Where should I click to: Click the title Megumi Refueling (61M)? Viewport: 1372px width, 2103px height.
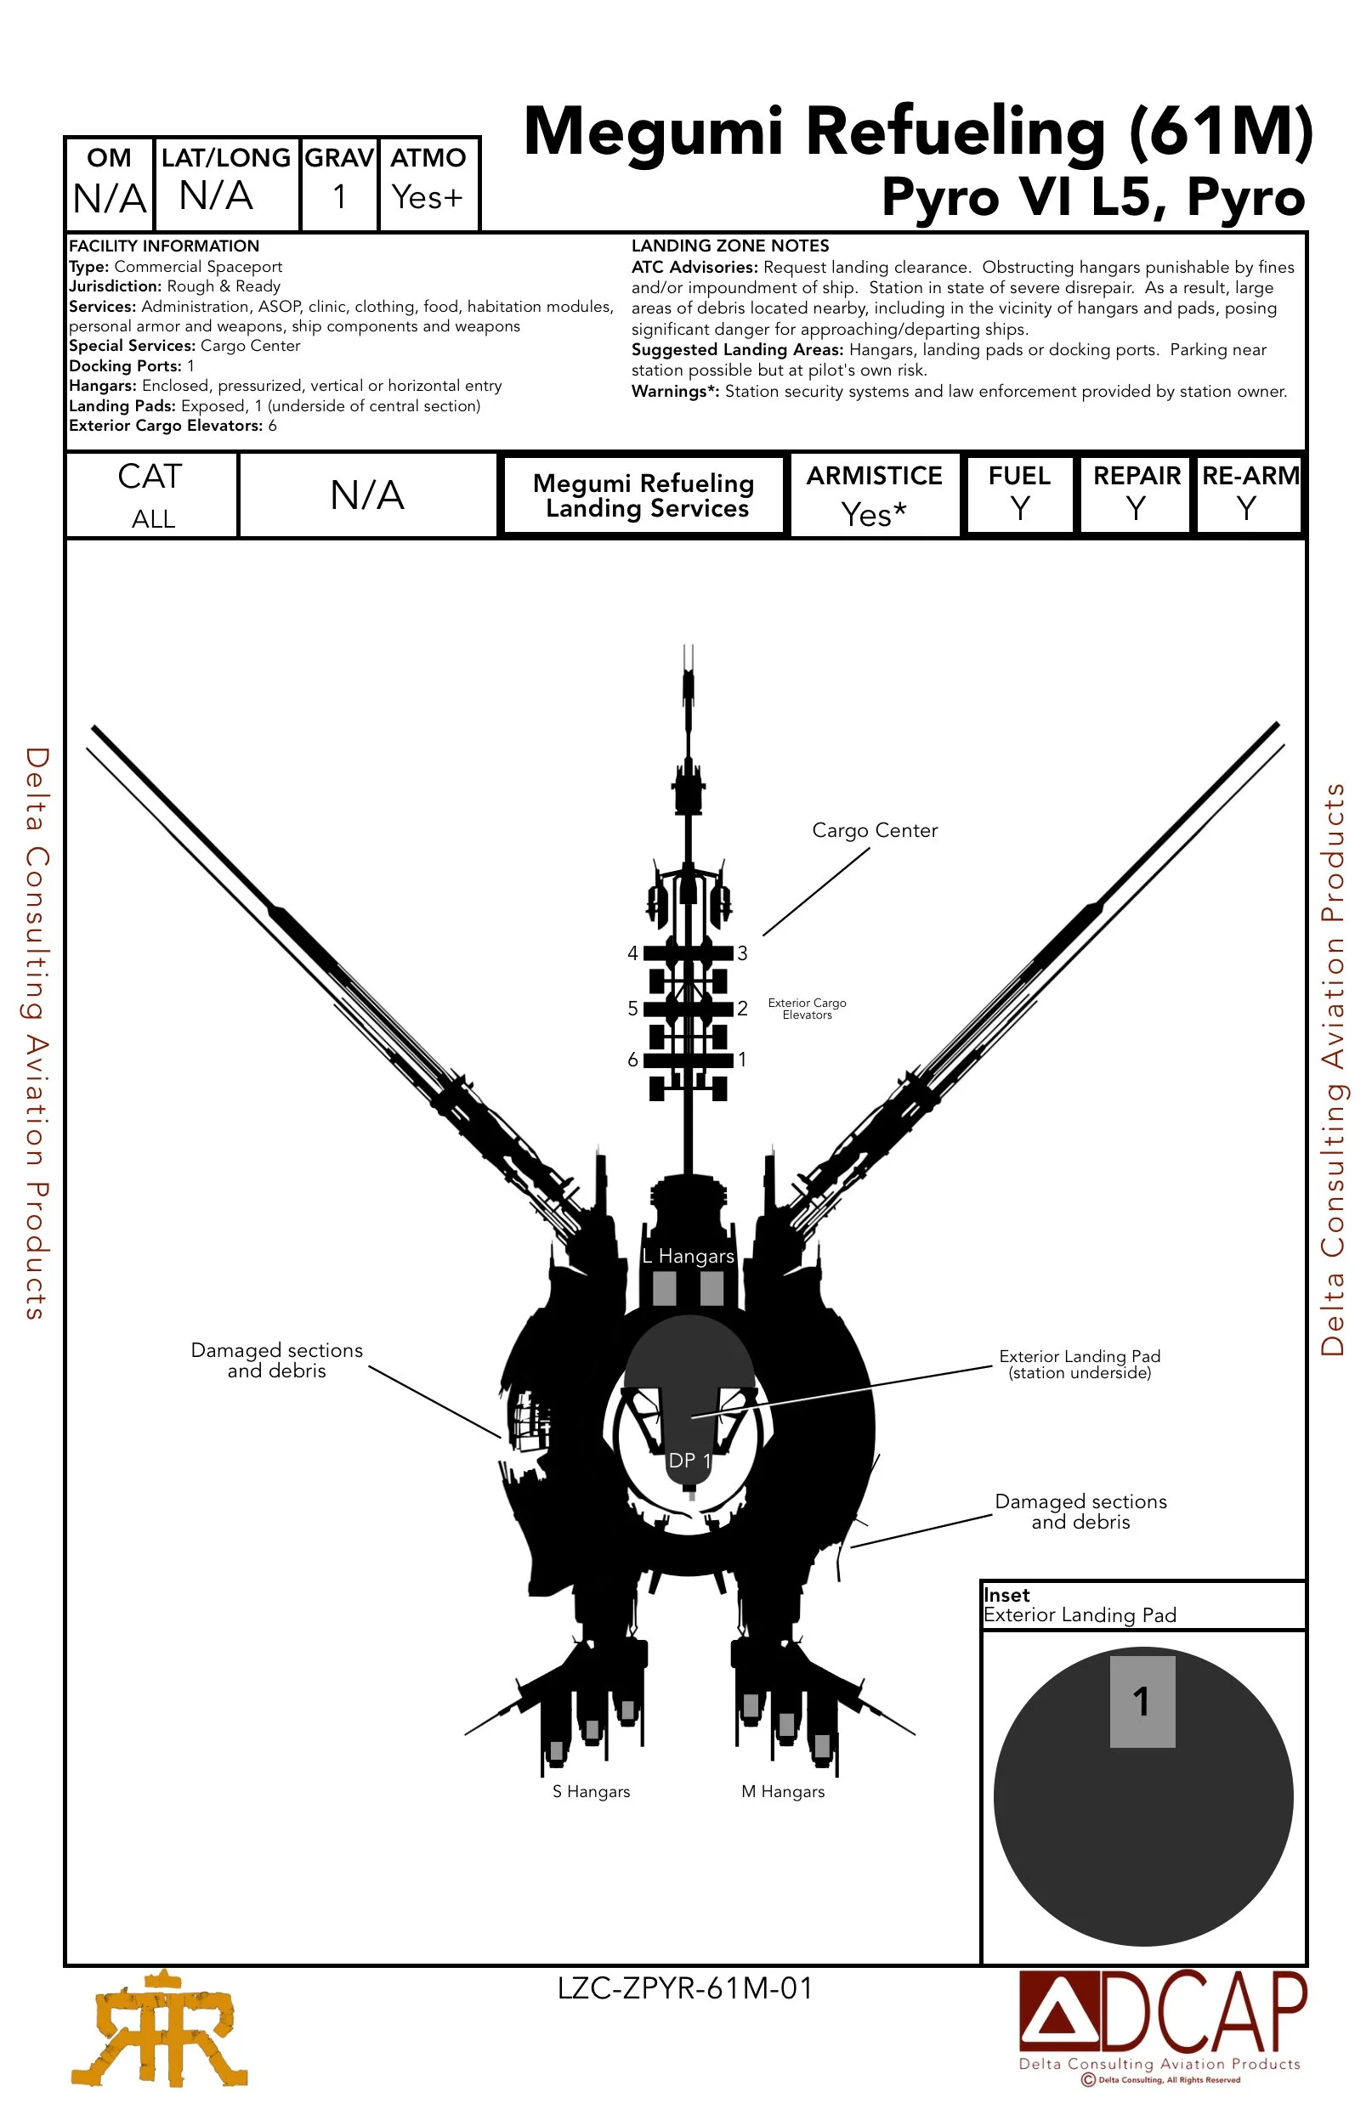(x=917, y=133)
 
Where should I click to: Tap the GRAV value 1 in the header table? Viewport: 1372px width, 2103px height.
(x=338, y=196)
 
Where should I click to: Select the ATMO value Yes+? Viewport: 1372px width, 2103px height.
(x=427, y=196)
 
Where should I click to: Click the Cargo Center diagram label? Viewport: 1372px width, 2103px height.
(x=875, y=831)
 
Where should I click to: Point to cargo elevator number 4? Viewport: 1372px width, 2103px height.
(x=633, y=953)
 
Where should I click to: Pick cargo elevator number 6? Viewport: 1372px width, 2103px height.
(x=633, y=1060)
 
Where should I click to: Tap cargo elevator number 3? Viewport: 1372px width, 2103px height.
(x=743, y=953)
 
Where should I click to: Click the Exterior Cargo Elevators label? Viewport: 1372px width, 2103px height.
(x=807, y=1009)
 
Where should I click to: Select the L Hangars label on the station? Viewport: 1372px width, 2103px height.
(x=689, y=1257)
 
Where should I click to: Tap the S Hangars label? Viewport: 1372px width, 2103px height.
(x=592, y=1791)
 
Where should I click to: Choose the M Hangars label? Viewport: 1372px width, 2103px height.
(x=783, y=1791)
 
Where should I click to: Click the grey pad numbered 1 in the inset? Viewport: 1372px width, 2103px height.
(x=1142, y=1702)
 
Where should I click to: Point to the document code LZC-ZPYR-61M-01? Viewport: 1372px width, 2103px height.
(x=685, y=1988)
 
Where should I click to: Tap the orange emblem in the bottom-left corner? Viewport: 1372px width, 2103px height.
(x=159, y=2029)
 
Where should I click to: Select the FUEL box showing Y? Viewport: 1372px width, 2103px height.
(x=1020, y=494)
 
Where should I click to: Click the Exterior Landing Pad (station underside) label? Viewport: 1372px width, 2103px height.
(x=1080, y=1365)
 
